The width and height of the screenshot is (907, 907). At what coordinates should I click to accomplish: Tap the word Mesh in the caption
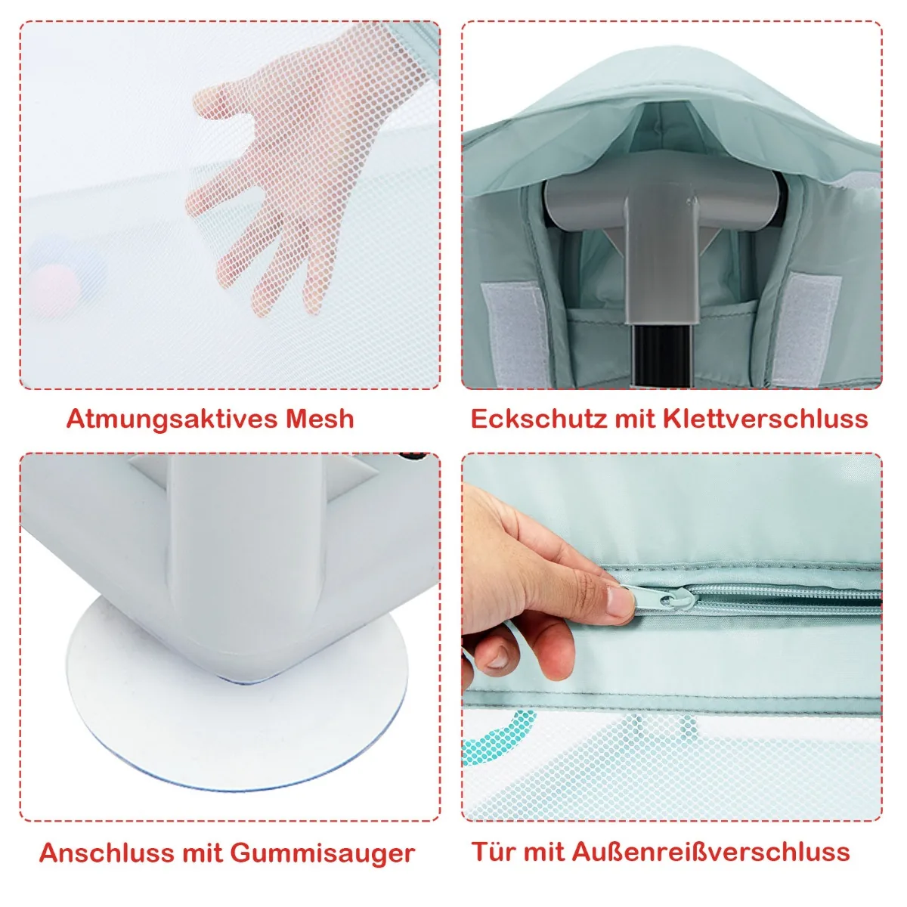pyautogui.click(x=320, y=418)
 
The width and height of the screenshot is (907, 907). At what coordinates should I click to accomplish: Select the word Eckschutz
pyautogui.click(x=538, y=418)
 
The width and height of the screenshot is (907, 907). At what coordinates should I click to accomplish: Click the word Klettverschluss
pyautogui.click(x=766, y=418)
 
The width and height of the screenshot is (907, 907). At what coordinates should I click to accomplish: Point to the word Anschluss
pyautogui.click(x=107, y=852)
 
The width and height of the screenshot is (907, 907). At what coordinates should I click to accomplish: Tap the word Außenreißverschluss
pyautogui.click(x=711, y=851)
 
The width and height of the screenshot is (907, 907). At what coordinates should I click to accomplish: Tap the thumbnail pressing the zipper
pyautogui.click(x=621, y=602)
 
